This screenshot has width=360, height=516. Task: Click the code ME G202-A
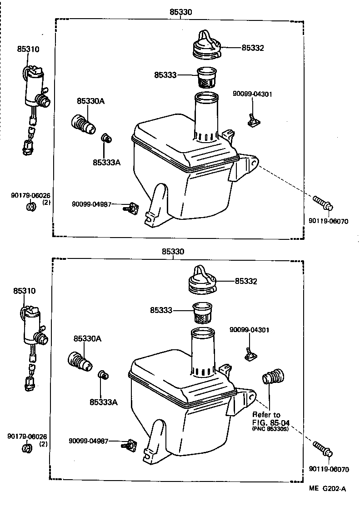point(328,488)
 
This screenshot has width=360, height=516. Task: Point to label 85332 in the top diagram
point(252,47)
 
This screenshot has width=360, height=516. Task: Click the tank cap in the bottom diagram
point(202,278)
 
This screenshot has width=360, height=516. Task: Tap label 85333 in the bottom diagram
point(161,310)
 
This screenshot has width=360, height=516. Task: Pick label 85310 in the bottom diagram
point(24,291)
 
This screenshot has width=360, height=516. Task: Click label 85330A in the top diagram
point(90,101)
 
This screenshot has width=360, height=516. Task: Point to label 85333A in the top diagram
point(107,162)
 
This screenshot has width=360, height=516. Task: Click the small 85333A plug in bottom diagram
point(102,375)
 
